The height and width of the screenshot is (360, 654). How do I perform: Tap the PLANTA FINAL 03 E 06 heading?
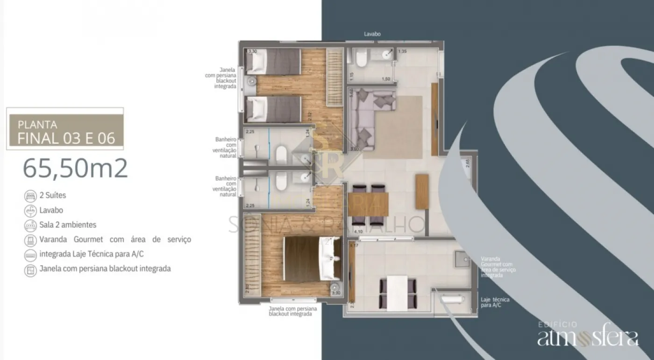(x=65, y=132)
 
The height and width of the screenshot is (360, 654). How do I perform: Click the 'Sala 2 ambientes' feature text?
(x=68, y=225)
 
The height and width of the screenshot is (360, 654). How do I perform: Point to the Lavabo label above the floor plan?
(x=372, y=34)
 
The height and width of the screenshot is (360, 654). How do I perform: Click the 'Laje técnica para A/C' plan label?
(x=495, y=302)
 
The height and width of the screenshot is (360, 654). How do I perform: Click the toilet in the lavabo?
(x=361, y=60)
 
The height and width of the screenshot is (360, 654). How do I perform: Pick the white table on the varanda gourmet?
(x=398, y=293)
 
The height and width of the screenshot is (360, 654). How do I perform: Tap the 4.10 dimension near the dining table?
(x=358, y=232)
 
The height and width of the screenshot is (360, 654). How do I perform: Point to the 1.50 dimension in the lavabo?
(x=386, y=79)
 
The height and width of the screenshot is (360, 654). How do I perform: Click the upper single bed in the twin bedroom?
(x=273, y=62)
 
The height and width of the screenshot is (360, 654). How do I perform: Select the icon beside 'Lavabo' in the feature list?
(x=30, y=211)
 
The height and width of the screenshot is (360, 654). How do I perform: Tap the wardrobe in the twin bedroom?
(x=334, y=78)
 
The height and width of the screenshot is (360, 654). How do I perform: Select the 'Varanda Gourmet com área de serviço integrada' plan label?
(x=497, y=267)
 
